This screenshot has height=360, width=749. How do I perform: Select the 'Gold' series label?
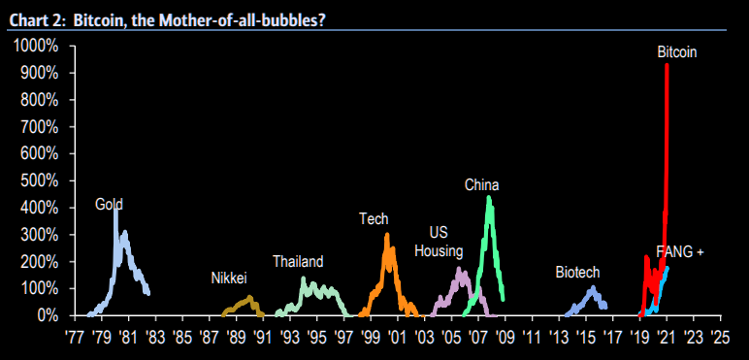(109, 204)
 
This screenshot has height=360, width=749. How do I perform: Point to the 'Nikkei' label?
(229, 278)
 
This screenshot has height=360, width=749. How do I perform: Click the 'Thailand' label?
(298, 261)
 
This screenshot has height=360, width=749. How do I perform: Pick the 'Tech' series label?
(374, 218)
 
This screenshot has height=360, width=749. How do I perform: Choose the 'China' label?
(481, 184)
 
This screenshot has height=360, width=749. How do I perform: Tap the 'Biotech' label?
(577, 272)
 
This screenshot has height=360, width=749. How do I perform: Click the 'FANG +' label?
(679, 251)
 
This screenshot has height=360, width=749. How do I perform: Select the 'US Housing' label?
(439, 242)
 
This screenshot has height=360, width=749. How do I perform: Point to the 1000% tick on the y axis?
(37, 46)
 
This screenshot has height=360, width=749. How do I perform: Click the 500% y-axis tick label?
(40, 180)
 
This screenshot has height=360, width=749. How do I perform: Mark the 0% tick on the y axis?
(47, 315)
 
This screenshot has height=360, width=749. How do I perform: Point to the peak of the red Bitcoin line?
(667, 65)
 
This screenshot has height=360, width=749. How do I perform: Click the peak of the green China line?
(489, 197)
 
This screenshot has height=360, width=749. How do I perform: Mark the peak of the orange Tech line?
(387, 234)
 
